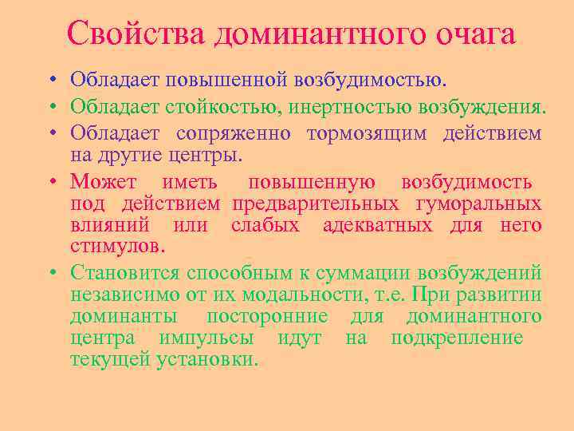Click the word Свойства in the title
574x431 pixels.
coord(138,34)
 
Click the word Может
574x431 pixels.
coord(104,180)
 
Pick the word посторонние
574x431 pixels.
coord(267,316)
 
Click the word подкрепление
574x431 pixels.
coord(456,338)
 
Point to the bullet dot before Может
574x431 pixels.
coord(50,181)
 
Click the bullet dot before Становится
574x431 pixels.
coord(50,274)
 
